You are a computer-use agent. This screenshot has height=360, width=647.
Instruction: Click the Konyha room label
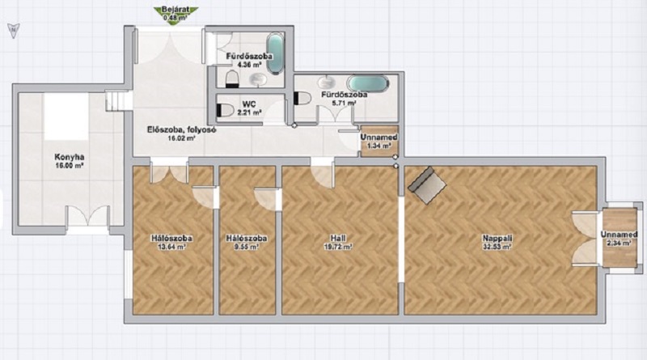pos(70,157)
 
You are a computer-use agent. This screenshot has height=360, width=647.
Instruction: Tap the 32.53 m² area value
pos(497,247)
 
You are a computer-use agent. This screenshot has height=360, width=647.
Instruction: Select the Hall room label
pos(338,238)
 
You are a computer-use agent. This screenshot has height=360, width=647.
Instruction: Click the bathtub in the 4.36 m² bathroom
pos(275,54)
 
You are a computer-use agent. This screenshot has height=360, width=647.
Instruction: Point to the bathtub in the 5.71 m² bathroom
pos(367,84)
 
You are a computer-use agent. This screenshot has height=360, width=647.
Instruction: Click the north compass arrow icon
pos(14,30)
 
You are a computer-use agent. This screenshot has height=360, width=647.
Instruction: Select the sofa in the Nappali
pos(427,185)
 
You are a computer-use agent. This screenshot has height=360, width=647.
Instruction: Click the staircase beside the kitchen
pos(119,101)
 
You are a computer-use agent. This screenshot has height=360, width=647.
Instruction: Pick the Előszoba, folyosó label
pos(182,129)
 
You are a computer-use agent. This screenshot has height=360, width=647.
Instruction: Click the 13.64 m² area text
pos(171,247)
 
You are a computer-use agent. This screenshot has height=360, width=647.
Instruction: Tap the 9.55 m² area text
pos(247,247)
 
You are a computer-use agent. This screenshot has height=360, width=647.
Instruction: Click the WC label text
pos(249,104)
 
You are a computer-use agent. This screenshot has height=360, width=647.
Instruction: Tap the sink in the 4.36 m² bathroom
pos(258,79)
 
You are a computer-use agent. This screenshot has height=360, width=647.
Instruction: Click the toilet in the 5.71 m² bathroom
pos(302,98)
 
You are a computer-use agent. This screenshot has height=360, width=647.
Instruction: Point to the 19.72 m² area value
pos(338,247)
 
